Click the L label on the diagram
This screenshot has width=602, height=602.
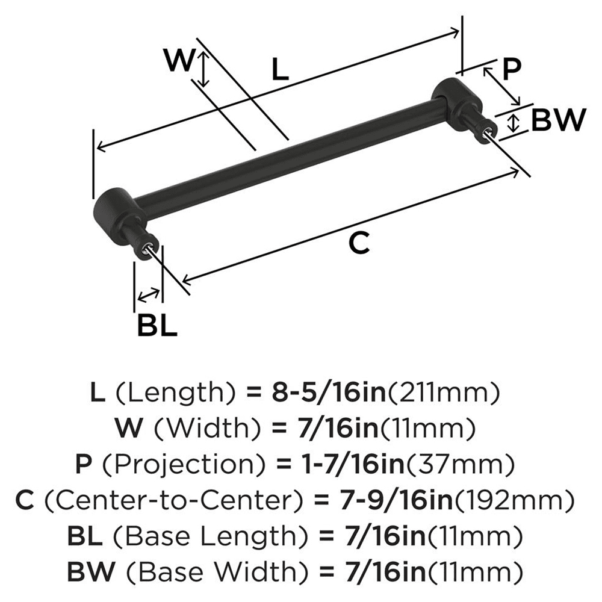pyautogui.click(x=280, y=70)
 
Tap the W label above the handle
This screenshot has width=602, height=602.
pyautogui.click(x=179, y=61)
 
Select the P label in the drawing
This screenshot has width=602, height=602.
pyautogui.click(x=510, y=70)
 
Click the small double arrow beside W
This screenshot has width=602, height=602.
pyautogui.click(x=204, y=69)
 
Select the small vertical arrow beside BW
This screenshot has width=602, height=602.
pyautogui.click(x=513, y=123)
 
